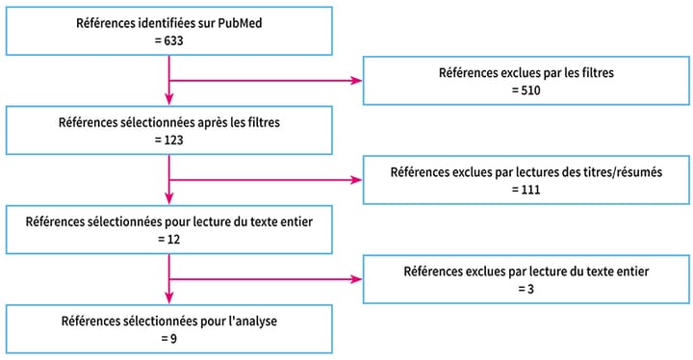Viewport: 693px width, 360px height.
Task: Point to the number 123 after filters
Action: click(x=169, y=141)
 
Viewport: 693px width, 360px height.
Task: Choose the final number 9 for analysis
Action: click(x=169, y=339)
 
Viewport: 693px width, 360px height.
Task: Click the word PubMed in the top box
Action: click(x=242, y=24)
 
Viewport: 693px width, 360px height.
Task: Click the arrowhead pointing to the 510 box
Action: click(x=357, y=80)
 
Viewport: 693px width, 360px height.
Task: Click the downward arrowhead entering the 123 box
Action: click(x=169, y=100)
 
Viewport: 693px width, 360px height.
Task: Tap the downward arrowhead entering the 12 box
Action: click(x=169, y=200)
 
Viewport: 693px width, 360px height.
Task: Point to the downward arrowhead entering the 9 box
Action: click(x=169, y=299)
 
